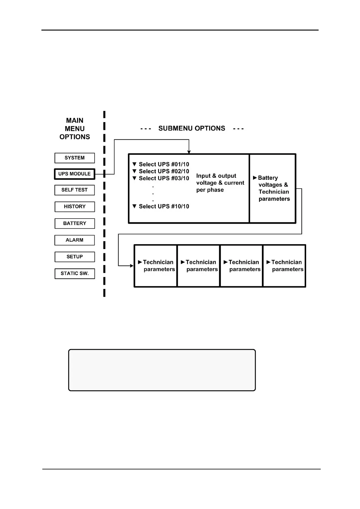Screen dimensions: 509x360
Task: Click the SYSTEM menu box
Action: (75, 158)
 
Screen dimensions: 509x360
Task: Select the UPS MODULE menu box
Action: (75, 174)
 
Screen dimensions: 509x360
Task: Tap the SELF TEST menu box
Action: (75, 190)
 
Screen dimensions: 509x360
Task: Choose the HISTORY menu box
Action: (75, 206)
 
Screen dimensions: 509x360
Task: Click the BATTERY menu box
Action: (75, 223)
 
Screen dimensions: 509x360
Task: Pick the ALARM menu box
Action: (75, 240)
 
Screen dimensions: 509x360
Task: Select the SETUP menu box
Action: (75, 257)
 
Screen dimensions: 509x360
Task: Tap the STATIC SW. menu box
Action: (75, 274)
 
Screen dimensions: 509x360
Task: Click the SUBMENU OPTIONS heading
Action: (192, 128)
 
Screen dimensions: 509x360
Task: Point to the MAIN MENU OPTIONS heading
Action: (75, 129)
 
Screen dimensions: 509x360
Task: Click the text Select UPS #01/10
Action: (164, 164)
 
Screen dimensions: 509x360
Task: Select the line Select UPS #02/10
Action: (164, 171)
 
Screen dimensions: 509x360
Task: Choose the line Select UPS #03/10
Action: (164, 178)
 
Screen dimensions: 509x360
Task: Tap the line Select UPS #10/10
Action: (164, 206)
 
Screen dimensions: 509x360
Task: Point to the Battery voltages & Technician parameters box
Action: (273, 188)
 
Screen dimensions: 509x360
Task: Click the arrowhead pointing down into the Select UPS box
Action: (189, 152)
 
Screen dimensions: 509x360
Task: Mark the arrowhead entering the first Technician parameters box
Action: (131, 266)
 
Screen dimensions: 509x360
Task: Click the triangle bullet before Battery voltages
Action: (255, 178)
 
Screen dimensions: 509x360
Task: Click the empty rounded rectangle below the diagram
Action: (162, 370)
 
